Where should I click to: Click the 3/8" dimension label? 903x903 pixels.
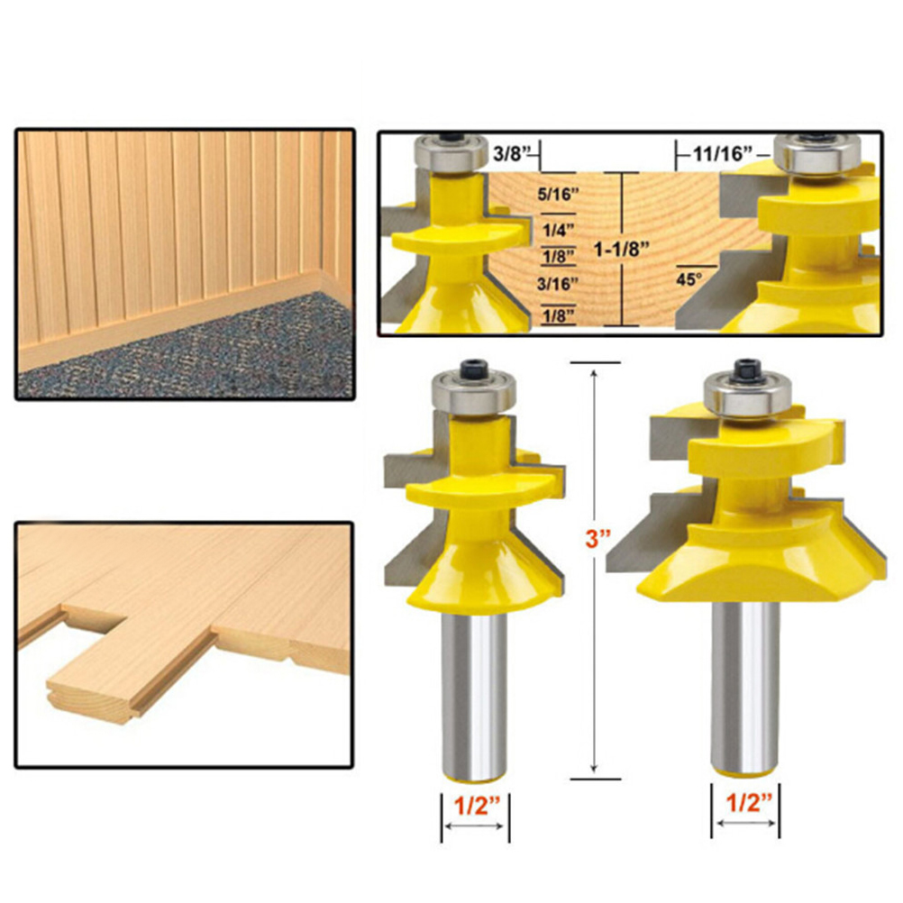(510, 154)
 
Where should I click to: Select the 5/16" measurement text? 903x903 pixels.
(558, 194)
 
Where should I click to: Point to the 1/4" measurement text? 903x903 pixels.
(559, 231)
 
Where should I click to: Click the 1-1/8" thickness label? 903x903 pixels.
(622, 250)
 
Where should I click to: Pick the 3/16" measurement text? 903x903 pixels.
(558, 283)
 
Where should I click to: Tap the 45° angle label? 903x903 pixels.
(689, 279)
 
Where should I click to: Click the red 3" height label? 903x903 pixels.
(597, 539)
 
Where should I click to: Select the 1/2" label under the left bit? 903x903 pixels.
(474, 806)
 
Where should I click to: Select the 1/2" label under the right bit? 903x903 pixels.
(747, 802)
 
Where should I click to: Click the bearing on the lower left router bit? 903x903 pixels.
(473, 394)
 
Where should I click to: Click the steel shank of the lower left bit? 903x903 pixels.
(474, 695)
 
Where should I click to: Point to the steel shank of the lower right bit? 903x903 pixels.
(744, 688)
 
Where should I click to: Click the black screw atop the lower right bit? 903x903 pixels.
(747, 368)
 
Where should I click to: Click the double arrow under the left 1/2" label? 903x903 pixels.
(475, 826)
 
